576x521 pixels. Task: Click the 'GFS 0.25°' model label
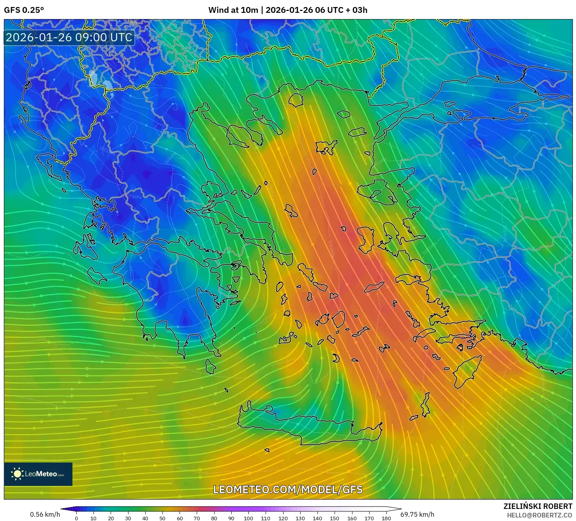[x=24, y=10]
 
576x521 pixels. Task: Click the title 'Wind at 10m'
[x=233, y=10]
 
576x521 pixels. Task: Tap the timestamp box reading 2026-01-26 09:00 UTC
[x=69, y=37]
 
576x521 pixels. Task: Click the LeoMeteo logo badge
[x=38, y=474]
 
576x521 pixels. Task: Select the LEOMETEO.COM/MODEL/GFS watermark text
[x=288, y=489]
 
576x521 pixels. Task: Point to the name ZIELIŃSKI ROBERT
[x=537, y=506]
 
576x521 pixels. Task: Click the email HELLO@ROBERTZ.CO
[x=539, y=515]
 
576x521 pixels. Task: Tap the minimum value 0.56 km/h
[x=45, y=514]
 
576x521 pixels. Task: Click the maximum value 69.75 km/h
[x=417, y=514]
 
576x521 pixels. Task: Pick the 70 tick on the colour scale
[x=197, y=518]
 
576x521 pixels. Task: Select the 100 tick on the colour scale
[x=248, y=518]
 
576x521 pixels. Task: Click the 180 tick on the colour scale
[x=386, y=518]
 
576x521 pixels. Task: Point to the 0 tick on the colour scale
[x=76, y=518]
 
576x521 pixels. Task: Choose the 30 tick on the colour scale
[x=128, y=518]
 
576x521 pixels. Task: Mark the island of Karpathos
[x=426, y=405]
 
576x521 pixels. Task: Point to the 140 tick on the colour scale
[x=317, y=518]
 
